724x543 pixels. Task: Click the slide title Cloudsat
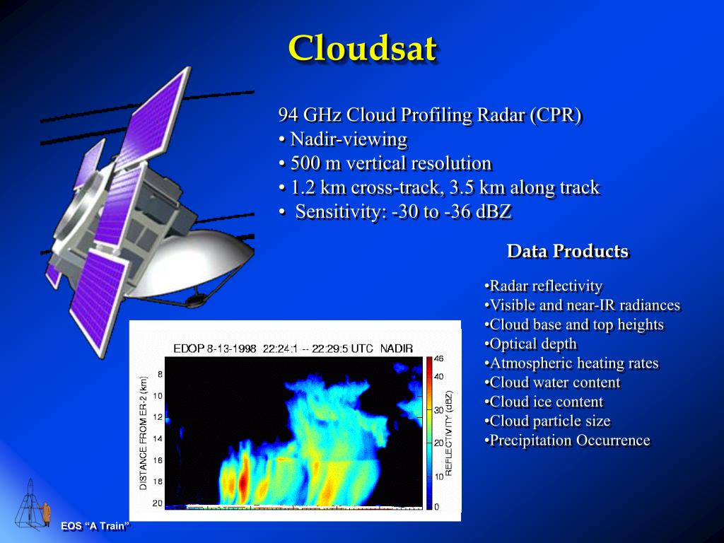(362, 48)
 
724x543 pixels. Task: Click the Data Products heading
(567, 251)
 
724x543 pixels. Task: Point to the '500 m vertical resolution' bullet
(385, 163)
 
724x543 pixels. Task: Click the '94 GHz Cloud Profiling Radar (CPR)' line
(430, 115)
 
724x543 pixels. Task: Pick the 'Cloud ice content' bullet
(545, 402)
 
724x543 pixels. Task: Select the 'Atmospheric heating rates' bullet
(573, 363)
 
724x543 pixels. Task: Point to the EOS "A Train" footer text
(95, 526)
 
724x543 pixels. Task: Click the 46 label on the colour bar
(438, 359)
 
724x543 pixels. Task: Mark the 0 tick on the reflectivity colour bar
(436, 507)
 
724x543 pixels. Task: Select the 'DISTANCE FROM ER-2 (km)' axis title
(144, 433)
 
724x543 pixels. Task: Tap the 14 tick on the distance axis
(158, 438)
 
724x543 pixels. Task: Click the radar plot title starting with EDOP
(293, 349)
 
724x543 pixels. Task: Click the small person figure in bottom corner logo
(47, 513)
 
